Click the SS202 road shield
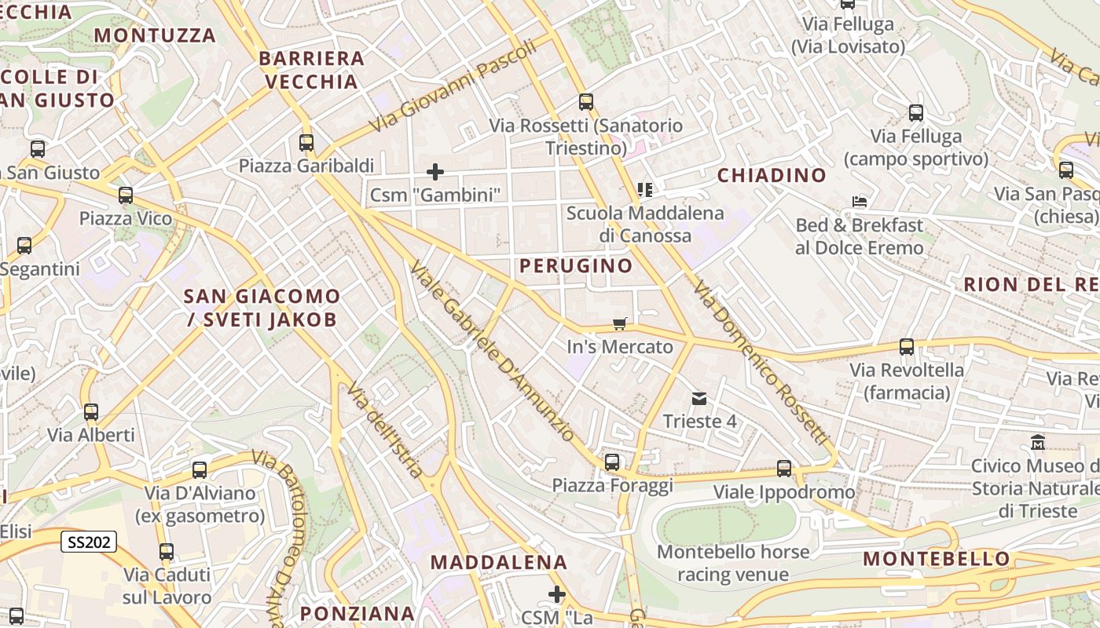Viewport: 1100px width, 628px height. [x=89, y=541]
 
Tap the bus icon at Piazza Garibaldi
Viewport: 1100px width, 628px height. [x=306, y=143]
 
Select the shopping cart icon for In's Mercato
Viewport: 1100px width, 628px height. [x=620, y=324]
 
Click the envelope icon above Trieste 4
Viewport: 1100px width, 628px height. [x=698, y=399]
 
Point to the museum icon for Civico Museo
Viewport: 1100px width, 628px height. [x=1038, y=443]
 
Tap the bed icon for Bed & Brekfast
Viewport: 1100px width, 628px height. [x=860, y=202]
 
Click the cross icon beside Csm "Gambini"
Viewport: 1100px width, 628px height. [x=434, y=171]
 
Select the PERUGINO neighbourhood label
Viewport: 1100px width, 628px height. [x=576, y=265]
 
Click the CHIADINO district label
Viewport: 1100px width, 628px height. [x=772, y=175]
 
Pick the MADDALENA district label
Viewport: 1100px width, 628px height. [x=499, y=562]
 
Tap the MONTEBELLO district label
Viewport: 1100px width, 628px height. [x=937, y=559]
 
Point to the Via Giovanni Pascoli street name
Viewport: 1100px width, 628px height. [x=454, y=86]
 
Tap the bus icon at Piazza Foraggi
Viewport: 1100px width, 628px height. [x=612, y=462]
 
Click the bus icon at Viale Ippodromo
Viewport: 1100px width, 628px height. [x=784, y=469]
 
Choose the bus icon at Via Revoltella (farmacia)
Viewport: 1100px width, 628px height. [x=907, y=347]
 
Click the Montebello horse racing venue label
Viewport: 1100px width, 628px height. [x=732, y=563]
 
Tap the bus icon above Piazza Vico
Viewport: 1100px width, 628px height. [x=126, y=195]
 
